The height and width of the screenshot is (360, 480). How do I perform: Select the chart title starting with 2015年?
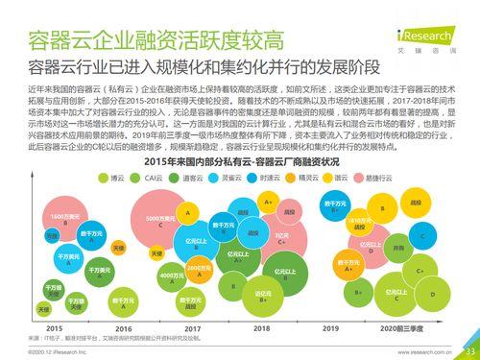tap(239, 160)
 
